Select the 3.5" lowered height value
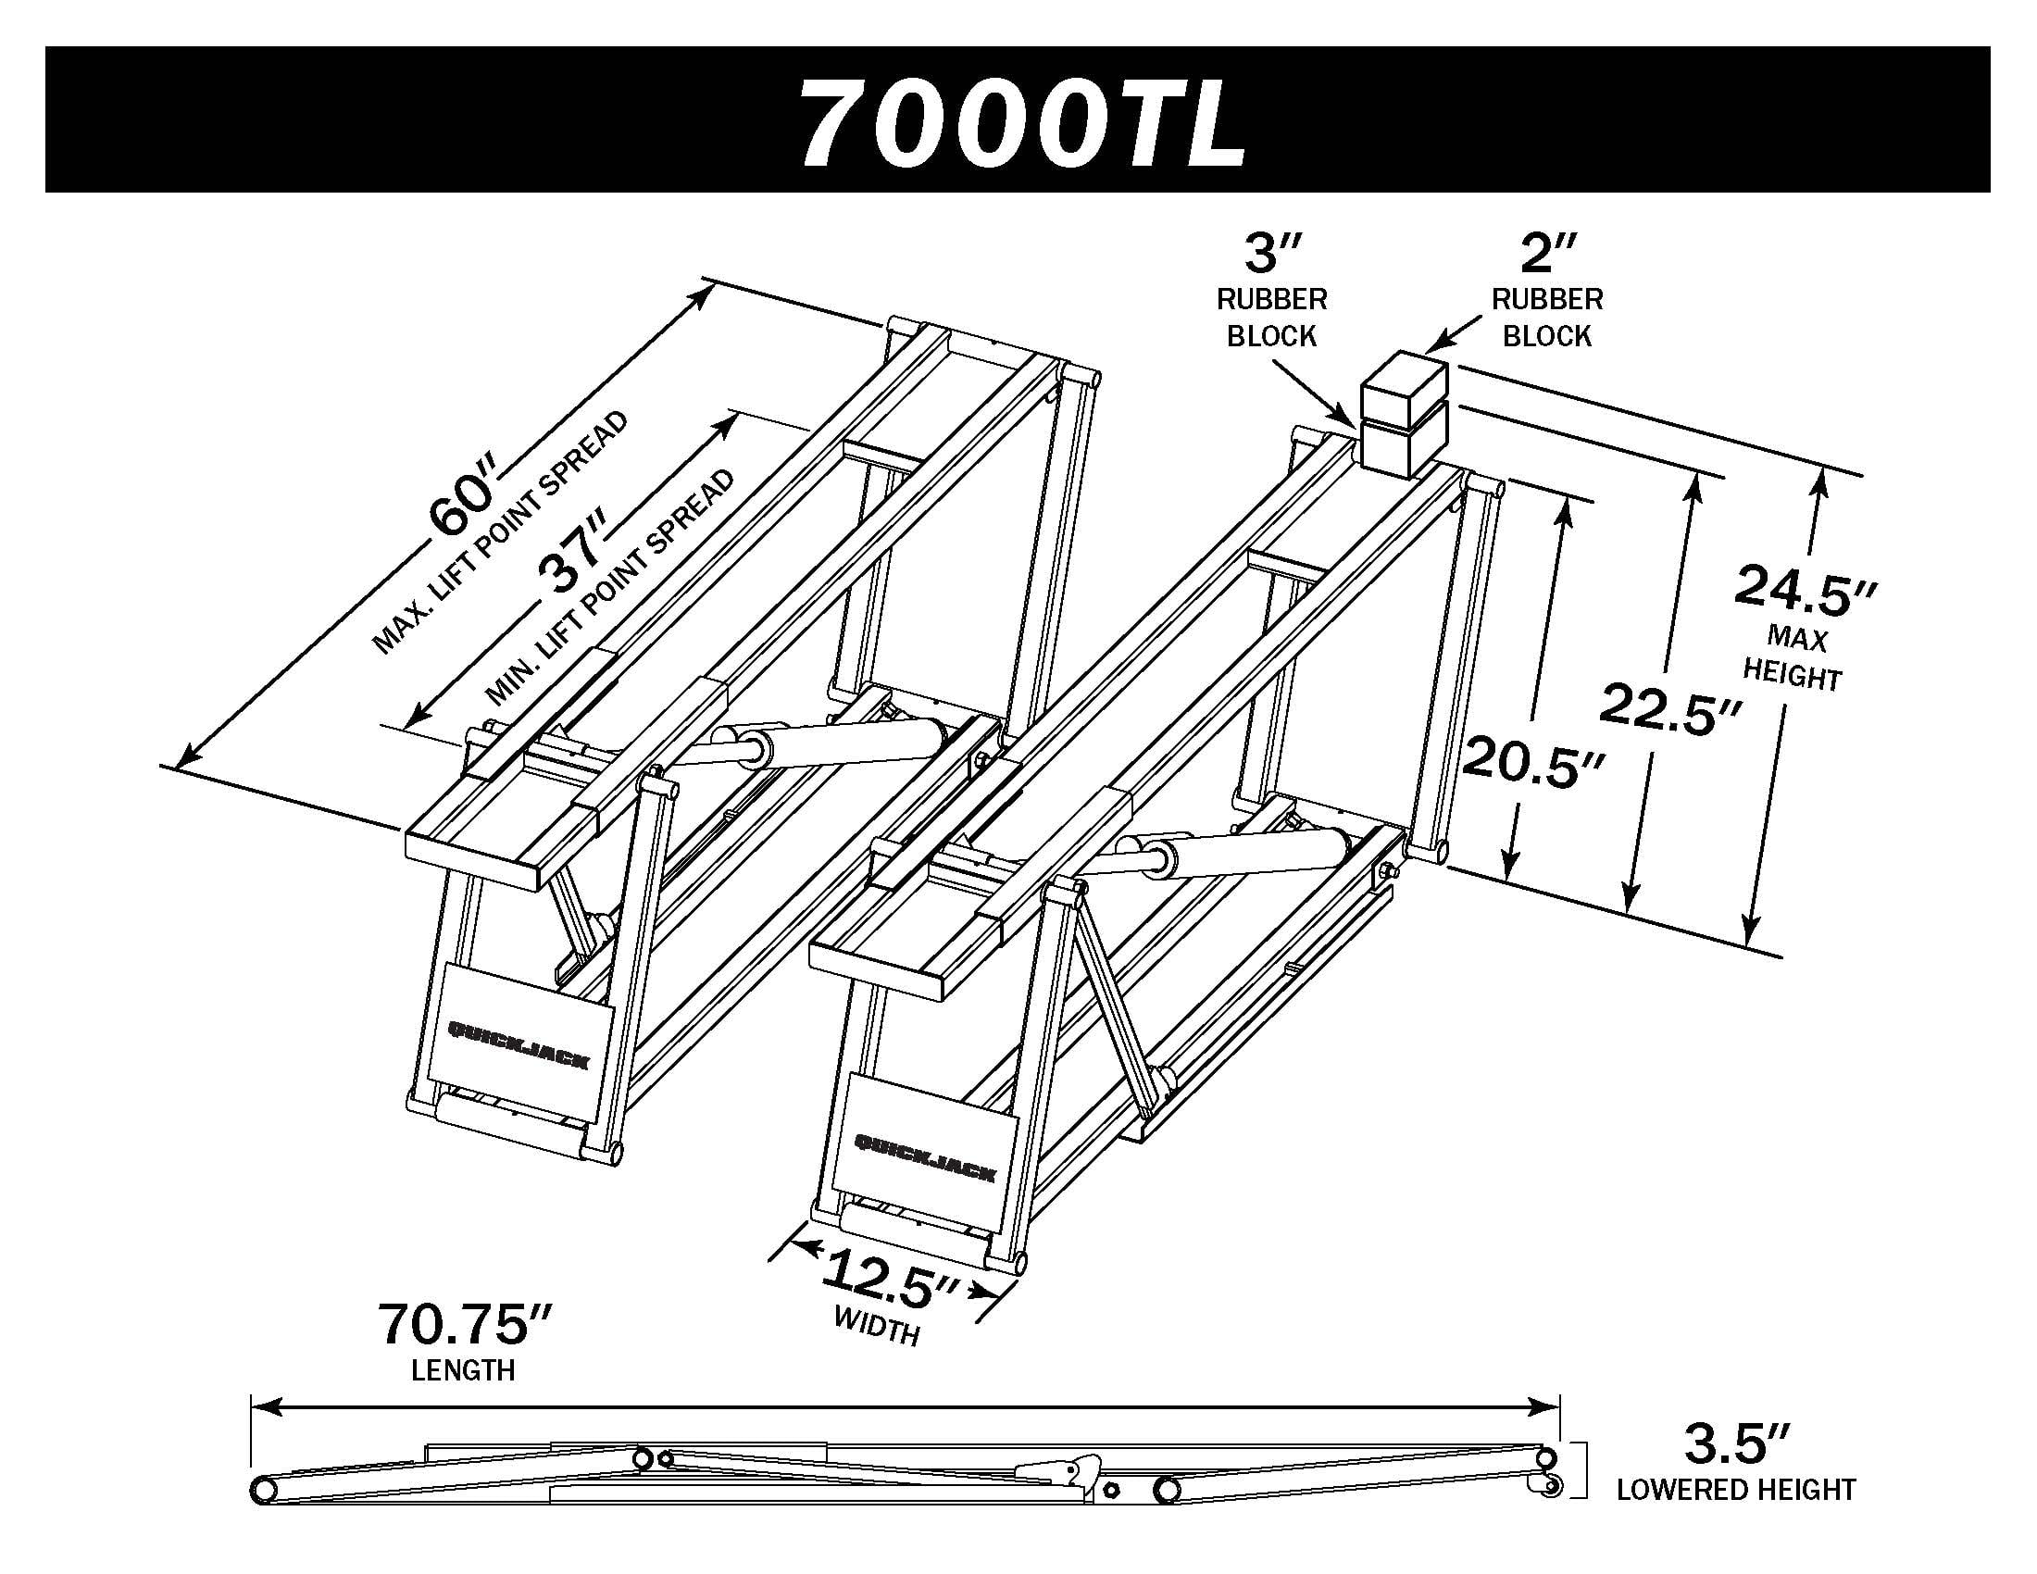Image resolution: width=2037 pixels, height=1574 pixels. coord(1735,1443)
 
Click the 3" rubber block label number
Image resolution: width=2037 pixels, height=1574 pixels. coord(1272,253)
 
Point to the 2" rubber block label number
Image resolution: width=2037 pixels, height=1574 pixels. coord(1547,253)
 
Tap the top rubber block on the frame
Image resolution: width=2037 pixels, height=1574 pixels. coord(1404,381)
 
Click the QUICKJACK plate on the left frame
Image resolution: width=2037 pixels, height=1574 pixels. coord(519,1030)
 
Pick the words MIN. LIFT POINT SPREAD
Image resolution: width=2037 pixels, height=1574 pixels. coord(610,586)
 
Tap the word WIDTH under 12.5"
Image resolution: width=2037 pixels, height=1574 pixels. coord(878,1325)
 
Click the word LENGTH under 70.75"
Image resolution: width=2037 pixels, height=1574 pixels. coord(464,1369)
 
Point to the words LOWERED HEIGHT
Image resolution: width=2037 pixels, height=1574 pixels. coord(1736,1490)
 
